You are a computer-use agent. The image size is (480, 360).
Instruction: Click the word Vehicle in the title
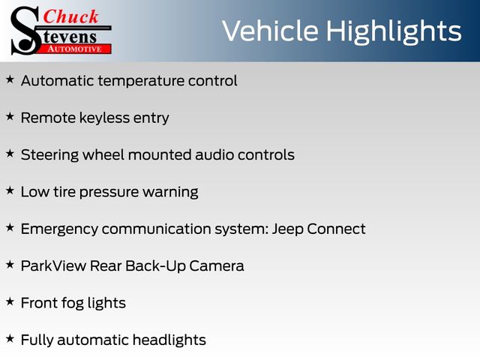(x=270, y=31)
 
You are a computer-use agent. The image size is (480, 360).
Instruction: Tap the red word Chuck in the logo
(x=70, y=16)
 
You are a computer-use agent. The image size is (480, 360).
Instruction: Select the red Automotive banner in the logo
(x=75, y=49)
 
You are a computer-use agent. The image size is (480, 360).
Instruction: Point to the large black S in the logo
(x=25, y=31)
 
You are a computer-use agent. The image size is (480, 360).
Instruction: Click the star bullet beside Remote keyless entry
(x=10, y=117)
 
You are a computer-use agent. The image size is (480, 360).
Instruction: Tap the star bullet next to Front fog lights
(x=10, y=301)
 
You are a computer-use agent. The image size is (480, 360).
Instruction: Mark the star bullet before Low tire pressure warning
(x=10, y=190)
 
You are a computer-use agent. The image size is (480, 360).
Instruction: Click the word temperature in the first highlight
(x=142, y=82)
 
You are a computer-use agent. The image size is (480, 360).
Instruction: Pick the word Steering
(x=49, y=155)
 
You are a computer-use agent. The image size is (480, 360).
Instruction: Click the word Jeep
(x=287, y=229)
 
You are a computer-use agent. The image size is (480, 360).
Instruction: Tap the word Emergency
(x=59, y=229)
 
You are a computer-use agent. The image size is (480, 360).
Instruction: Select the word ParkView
(x=53, y=265)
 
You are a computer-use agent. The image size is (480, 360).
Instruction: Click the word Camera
(x=217, y=265)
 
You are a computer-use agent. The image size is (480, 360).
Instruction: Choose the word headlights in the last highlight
(x=169, y=340)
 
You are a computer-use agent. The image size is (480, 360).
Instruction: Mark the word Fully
(x=37, y=340)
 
